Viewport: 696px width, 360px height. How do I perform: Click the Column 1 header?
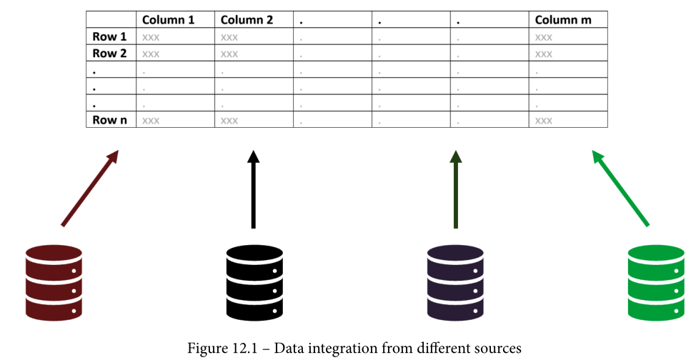click(x=168, y=20)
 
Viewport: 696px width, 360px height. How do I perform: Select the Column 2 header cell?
click(x=247, y=20)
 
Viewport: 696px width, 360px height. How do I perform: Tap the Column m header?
click(x=563, y=20)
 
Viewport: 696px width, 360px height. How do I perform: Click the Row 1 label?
click(x=109, y=36)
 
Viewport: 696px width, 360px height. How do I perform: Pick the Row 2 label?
click(x=109, y=54)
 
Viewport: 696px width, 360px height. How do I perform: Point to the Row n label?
click(x=109, y=120)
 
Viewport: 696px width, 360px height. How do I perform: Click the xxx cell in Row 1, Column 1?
click(x=151, y=37)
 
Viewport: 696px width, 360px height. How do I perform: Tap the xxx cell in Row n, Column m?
click(x=544, y=121)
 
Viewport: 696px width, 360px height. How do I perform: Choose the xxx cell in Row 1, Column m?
click(x=544, y=37)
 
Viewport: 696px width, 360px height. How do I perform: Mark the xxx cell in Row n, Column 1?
click(x=151, y=121)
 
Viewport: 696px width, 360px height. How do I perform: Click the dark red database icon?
click(x=54, y=282)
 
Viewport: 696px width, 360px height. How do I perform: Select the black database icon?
click(x=254, y=282)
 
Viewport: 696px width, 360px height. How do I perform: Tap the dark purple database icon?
click(x=455, y=282)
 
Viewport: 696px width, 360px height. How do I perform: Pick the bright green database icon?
click(x=656, y=282)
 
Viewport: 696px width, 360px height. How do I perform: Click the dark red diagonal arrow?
click(x=89, y=189)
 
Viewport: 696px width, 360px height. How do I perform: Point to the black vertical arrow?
click(x=253, y=189)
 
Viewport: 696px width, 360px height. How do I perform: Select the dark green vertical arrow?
click(x=454, y=189)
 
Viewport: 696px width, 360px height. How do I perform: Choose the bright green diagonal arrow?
click(x=620, y=189)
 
